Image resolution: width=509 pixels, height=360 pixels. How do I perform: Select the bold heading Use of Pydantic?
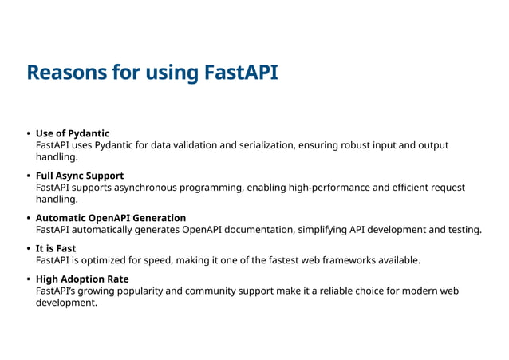coord(73,133)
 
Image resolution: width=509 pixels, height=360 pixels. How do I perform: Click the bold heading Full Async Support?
coord(80,176)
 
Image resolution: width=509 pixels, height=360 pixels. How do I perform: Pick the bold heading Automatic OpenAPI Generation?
coord(111,218)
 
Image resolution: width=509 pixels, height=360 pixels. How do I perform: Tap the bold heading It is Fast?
coord(56,248)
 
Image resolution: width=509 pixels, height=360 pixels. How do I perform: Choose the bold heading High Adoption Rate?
coord(82,279)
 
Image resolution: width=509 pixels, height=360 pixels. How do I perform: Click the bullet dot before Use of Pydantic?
coord(29,133)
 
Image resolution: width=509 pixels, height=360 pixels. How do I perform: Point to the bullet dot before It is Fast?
coord(29,248)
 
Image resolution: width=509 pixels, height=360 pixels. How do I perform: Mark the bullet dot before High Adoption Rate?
coord(29,279)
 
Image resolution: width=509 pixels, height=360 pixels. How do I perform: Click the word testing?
coord(463,230)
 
